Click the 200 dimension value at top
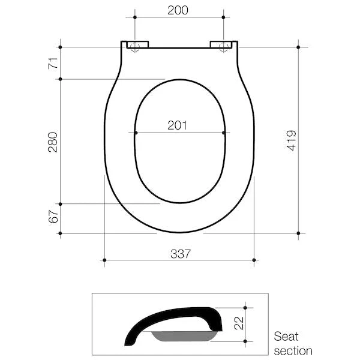pos(178,10)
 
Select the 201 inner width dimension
pos(178,125)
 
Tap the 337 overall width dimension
pos(179,253)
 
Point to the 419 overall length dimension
pos(291,140)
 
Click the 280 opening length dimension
pos(53,142)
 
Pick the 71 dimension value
pos(53,62)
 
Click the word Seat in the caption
pos(286,336)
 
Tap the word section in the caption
pos(293,350)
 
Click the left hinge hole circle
pos(134,47)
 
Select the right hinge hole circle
pos(223,47)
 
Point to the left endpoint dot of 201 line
pos(136,133)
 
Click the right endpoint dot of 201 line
pos(224,133)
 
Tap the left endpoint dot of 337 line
pos(104,260)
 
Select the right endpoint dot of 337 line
pos(254,260)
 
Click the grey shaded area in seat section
pos(184,335)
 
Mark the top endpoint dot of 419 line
pos(299,47)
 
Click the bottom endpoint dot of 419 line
pos(299,233)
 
